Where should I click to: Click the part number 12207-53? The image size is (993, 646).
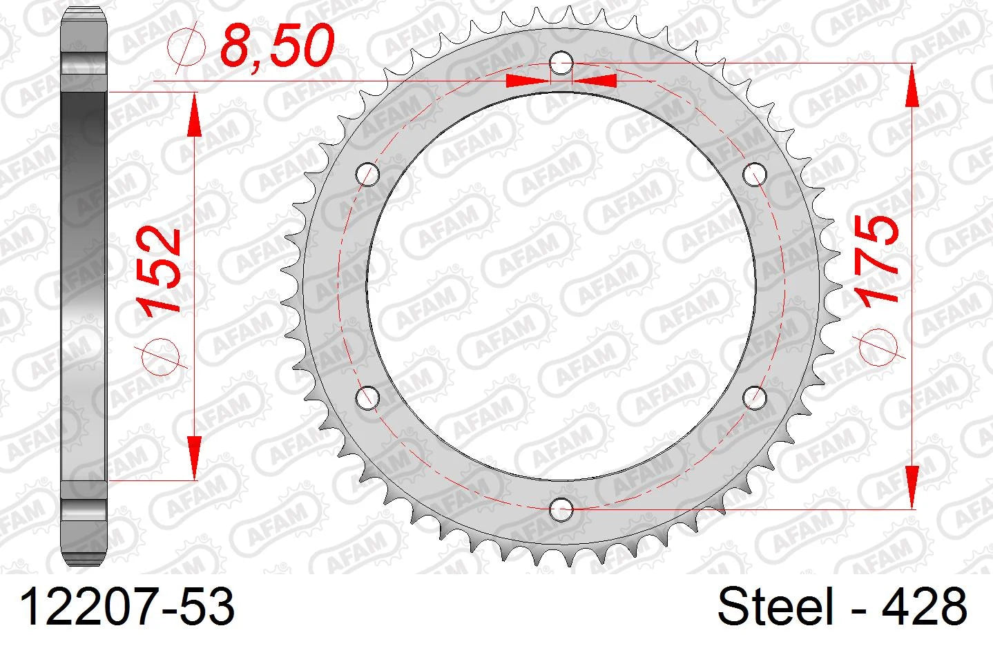pos(127,607)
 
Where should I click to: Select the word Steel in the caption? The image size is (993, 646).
pos(775,606)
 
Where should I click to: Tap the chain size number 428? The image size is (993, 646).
pos(924,606)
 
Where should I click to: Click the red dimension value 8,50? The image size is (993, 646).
pos(277,45)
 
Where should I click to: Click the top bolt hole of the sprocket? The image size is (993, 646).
pos(561,63)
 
